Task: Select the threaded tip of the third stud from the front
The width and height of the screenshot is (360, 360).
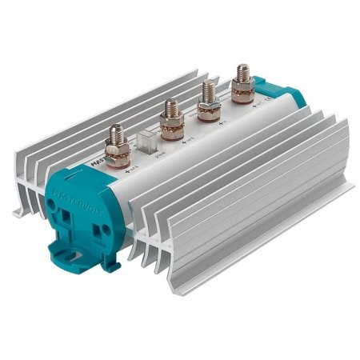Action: click(x=209, y=86)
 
